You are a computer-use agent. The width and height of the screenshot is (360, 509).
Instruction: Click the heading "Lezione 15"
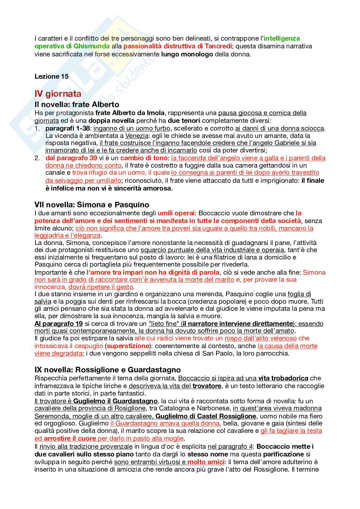click(x=51, y=76)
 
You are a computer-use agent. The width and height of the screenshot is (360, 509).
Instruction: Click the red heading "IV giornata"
click(x=58, y=94)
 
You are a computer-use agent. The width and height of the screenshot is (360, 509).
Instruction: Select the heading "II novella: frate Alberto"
click(x=77, y=104)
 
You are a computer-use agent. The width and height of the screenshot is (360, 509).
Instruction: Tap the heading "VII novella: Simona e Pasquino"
click(x=92, y=205)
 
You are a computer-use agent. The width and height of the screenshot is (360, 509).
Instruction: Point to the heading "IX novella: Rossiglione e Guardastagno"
click(x=107, y=370)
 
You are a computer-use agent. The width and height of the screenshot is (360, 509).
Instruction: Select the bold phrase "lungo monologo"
click(x=187, y=54)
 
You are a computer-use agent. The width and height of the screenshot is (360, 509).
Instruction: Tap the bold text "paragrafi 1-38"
click(x=67, y=128)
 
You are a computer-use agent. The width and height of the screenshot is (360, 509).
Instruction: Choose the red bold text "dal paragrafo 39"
click(x=71, y=158)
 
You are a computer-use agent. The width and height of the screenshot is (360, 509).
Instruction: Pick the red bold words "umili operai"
click(x=176, y=213)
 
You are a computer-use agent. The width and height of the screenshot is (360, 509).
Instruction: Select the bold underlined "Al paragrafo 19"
click(x=58, y=324)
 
